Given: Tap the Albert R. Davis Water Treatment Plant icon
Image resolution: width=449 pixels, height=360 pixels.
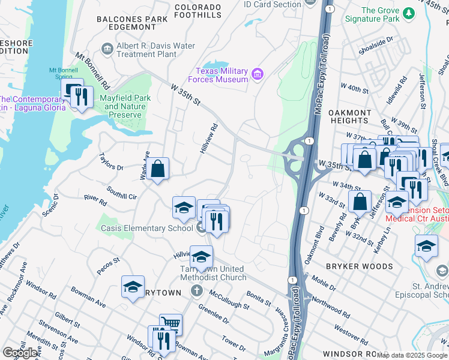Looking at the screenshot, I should pos(107,48).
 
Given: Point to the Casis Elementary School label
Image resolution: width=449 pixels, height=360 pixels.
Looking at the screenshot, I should pos(146,228).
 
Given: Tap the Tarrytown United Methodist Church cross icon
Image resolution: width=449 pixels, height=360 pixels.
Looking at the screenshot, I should pos(196,291).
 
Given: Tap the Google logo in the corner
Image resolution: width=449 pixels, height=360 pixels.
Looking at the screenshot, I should pos(20,352).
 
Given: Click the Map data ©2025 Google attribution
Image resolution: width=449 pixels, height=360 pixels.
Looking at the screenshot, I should pos(412,355).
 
